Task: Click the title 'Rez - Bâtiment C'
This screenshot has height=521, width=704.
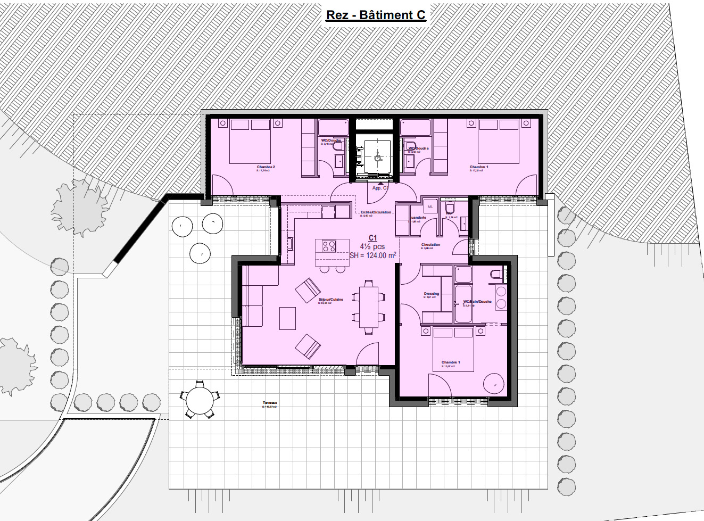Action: tap(376, 15)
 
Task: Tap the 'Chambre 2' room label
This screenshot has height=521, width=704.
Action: tap(266, 167)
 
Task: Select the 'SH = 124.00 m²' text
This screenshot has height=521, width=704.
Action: tap(372, 256)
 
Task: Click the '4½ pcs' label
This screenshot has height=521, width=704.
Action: tap(372, 247)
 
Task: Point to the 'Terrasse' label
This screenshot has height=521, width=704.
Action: tap(270, 403)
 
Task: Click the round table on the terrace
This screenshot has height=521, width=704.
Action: tap(200, 399)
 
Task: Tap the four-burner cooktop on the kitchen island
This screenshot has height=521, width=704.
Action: tap(329, 246)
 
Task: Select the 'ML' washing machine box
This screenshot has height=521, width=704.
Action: tap(430, 207)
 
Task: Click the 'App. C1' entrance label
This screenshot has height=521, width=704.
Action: tap(380, 188)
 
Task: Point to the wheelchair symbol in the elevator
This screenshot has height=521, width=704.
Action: tap(378, 156)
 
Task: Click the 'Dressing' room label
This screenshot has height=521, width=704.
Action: tap(432, 294)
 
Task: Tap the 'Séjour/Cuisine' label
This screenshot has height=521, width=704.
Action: tap(331, 300)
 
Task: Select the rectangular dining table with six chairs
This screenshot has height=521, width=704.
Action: tap(368, 307)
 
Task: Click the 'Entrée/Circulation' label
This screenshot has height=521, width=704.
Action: tap(376, 212)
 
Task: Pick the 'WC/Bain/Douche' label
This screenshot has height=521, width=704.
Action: tap(477, 302)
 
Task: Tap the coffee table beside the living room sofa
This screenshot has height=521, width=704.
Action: tap(287, 318)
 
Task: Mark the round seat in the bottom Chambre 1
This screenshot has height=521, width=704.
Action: tap(494, 383)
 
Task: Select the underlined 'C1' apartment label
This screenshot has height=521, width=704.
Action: tap(372, 238)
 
